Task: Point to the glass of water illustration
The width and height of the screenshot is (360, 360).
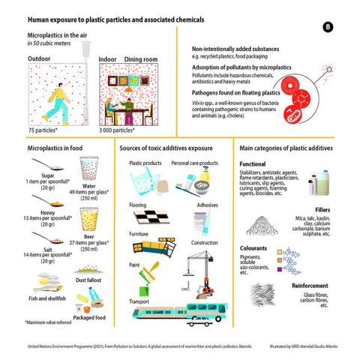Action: pos(88,168)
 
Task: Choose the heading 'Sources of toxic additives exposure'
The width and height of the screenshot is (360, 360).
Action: pos(166,148)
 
